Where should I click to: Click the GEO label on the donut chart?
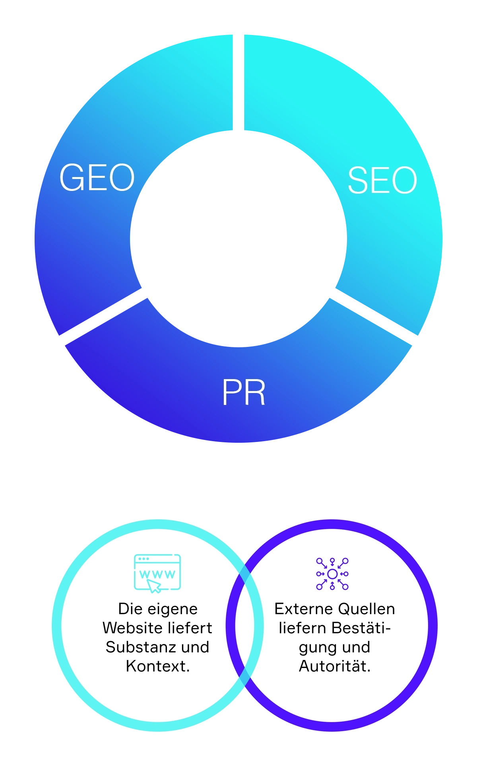97,177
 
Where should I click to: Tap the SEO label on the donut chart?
382,180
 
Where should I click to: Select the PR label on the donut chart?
244,392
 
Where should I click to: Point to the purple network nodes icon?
332,574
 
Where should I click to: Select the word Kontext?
157,666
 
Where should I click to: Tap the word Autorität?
335,666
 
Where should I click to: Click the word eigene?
172,609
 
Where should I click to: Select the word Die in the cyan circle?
130,609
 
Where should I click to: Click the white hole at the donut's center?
238,239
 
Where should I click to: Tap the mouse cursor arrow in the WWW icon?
154,586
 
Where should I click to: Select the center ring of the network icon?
332,574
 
